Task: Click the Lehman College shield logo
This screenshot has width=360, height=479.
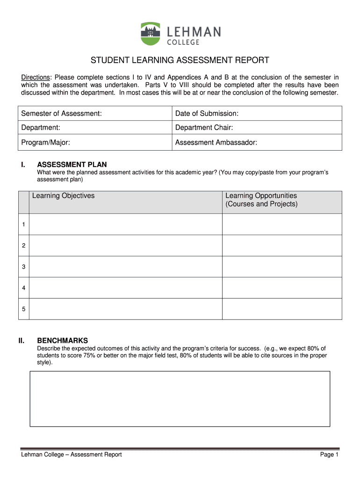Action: pos(150,33)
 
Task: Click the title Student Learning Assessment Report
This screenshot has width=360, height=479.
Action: pos(180,60)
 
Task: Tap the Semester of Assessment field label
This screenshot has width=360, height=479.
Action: pos(61,114)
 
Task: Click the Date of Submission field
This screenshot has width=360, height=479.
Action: pos(258,114)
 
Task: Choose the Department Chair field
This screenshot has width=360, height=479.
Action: pos(258,128)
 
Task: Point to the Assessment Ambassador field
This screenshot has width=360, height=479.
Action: pos(258,143)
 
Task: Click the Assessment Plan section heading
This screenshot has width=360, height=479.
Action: pos(72,165)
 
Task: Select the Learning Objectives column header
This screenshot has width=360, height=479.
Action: pos(63,196)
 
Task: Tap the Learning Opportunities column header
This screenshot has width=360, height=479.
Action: pos(261,200)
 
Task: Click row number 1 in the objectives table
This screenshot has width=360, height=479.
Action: pos(23,225)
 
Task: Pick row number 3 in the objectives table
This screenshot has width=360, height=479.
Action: pos(23,267)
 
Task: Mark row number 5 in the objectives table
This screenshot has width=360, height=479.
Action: pos(23,309)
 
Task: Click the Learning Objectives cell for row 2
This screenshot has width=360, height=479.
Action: pos(125,246)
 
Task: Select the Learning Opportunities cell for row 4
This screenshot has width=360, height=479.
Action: pos(281,288)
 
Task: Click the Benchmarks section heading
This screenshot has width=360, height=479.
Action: pos(62,341)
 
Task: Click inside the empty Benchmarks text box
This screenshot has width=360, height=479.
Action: pos(180,399)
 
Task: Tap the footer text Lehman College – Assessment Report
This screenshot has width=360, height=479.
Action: pos(71,455)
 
